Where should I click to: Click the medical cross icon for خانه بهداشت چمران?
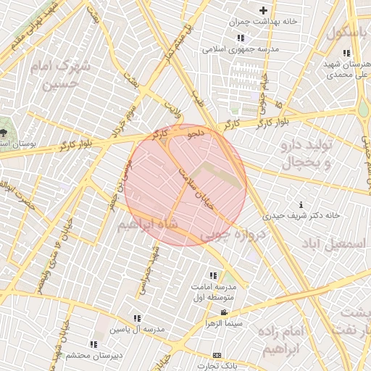tap(263, 10)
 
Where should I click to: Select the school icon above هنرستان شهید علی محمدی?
tap(346, 53)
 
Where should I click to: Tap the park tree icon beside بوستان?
tap(4, 133)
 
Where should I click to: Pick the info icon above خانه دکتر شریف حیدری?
tap(301, 205)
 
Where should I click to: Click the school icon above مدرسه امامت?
tap(213, 276)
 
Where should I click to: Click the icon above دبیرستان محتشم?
tap(93, 344)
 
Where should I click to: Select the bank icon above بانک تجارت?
tap(217, 355)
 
